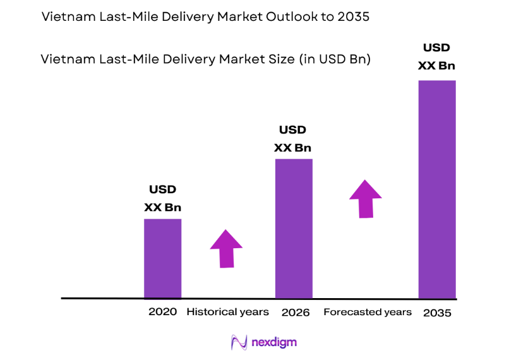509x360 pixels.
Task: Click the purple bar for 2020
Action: pos(162,258)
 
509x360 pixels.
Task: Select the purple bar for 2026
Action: pos(294,228)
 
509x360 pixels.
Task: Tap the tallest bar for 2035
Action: pos(437,189)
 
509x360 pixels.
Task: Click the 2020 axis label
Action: pos(162,312)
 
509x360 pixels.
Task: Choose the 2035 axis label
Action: pos(437,313)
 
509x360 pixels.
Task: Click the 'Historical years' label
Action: pos(227,312)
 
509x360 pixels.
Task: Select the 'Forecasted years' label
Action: pos(368,312)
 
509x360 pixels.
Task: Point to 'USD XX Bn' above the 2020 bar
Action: pos(162,198)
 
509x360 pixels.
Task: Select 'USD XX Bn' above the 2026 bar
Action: pos(293,139)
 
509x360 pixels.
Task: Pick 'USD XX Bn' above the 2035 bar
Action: pos(437,57)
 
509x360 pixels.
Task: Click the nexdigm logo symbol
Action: pos(239,342)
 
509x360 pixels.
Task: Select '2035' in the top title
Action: pos(354,18)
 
